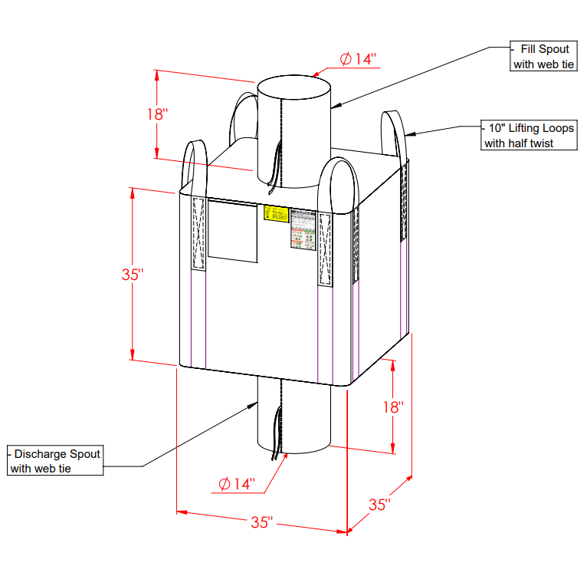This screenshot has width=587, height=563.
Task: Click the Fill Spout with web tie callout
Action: click(543, 58)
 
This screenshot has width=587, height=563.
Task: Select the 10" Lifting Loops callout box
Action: click(528, 136)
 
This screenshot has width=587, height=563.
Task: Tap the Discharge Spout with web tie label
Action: click(55, 461)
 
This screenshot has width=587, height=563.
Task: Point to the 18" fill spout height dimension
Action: click(156, 114)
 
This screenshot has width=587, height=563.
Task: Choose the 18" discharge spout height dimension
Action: click(393, 407)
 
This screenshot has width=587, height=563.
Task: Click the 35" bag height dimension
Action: click(133, 275)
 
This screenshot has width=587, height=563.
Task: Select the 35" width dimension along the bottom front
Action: click(261, 522)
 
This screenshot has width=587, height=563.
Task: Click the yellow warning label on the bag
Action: click(276, 213)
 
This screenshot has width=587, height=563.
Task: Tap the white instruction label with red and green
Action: click(303, 231)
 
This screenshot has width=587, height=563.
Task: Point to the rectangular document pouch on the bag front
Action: click(232, 232)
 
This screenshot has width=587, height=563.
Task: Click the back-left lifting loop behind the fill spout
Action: click(244, 115)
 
